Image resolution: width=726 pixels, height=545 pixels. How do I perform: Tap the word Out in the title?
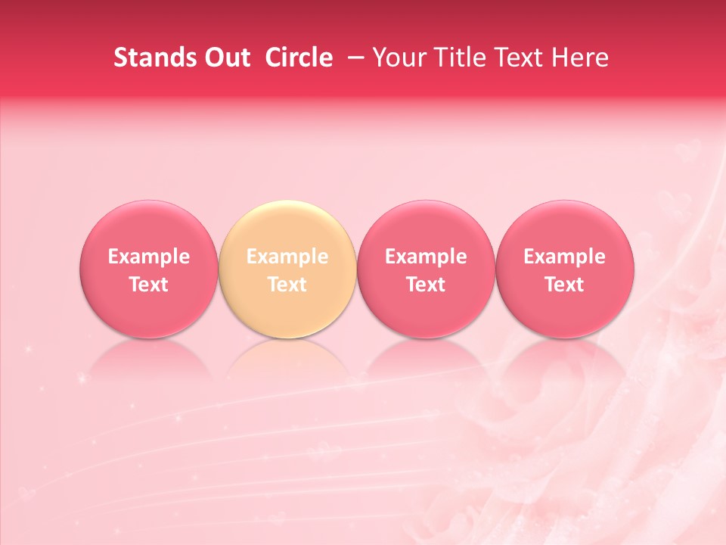pyautogui.click(x=225, y=58)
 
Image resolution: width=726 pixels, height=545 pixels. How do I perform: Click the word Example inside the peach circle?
pyautogui.click(x=287, y=257)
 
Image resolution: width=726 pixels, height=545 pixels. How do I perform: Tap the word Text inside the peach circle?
pyautogui.click(x=287, y=285)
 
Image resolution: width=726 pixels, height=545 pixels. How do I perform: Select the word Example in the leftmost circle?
pyautogui.click(x=148, y=257)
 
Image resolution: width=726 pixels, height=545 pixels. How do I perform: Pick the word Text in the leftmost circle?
pyautogui.click(x=148, y=285)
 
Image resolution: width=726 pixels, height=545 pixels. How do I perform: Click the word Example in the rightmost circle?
pyautogui.click(x=565, y=257)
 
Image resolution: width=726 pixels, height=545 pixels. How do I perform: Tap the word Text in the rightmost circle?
pyautogui.click(x=565, y=285)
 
